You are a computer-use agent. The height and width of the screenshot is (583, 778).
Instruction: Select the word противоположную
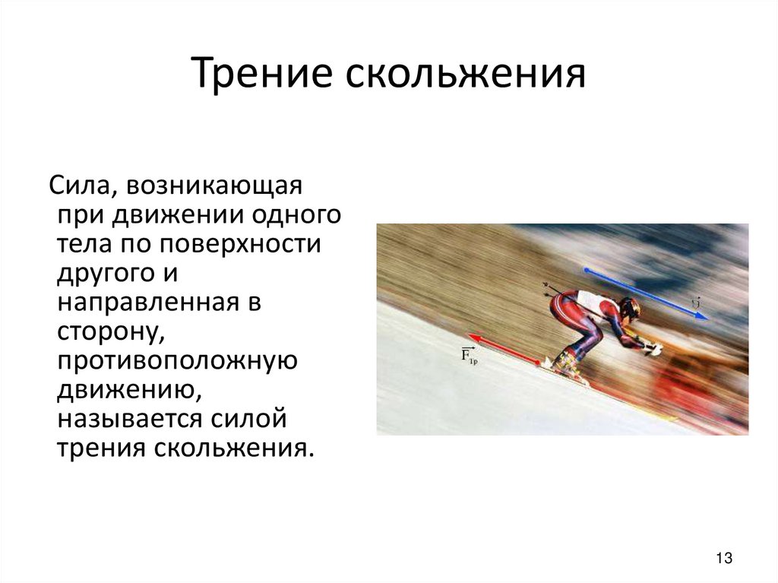pyautogui.click(x=176, y=360)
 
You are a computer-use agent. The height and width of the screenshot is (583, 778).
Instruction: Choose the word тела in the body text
pyautogui.click(x=85, y=245)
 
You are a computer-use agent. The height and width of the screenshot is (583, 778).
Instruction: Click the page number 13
pyautogui.click(x=723, y=559)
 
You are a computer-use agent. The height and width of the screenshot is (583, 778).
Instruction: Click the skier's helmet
pyautogui.click(x=629, y=309)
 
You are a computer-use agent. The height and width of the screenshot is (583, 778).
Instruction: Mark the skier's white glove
pyautogui.click(x=653, y=350)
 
